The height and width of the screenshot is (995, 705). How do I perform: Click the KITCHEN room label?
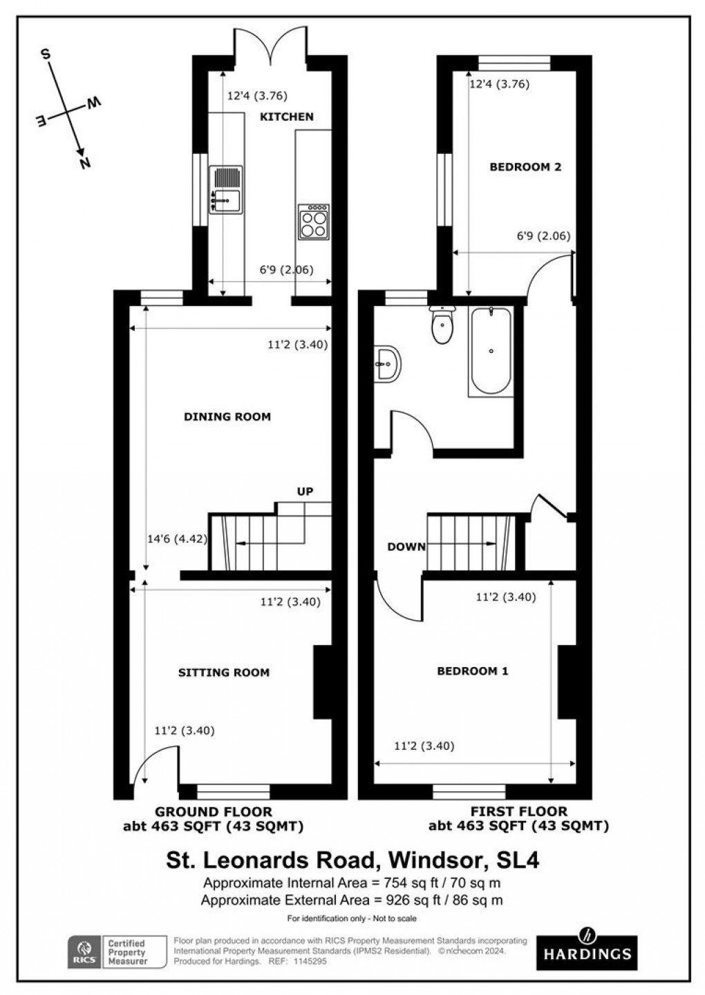click(x=286, y=117)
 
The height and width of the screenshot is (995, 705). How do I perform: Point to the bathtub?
click(x=490, y=351)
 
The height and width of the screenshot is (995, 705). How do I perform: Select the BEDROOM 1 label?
click(x=473, y=670)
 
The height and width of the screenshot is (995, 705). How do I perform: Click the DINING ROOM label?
click(x=227, y=416)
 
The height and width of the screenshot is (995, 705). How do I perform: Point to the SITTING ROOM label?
click(x=223, y=672)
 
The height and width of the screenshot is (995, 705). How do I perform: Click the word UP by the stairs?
click(x=305, y=492)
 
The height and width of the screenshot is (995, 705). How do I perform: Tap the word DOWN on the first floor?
click(x=406, y=547)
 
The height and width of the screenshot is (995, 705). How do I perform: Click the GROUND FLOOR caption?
click(x=213, y=812)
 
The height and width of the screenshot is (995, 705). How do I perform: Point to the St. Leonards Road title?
click(x=352, y=860)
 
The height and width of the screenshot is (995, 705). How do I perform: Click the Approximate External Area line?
click(x=352, y=900)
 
